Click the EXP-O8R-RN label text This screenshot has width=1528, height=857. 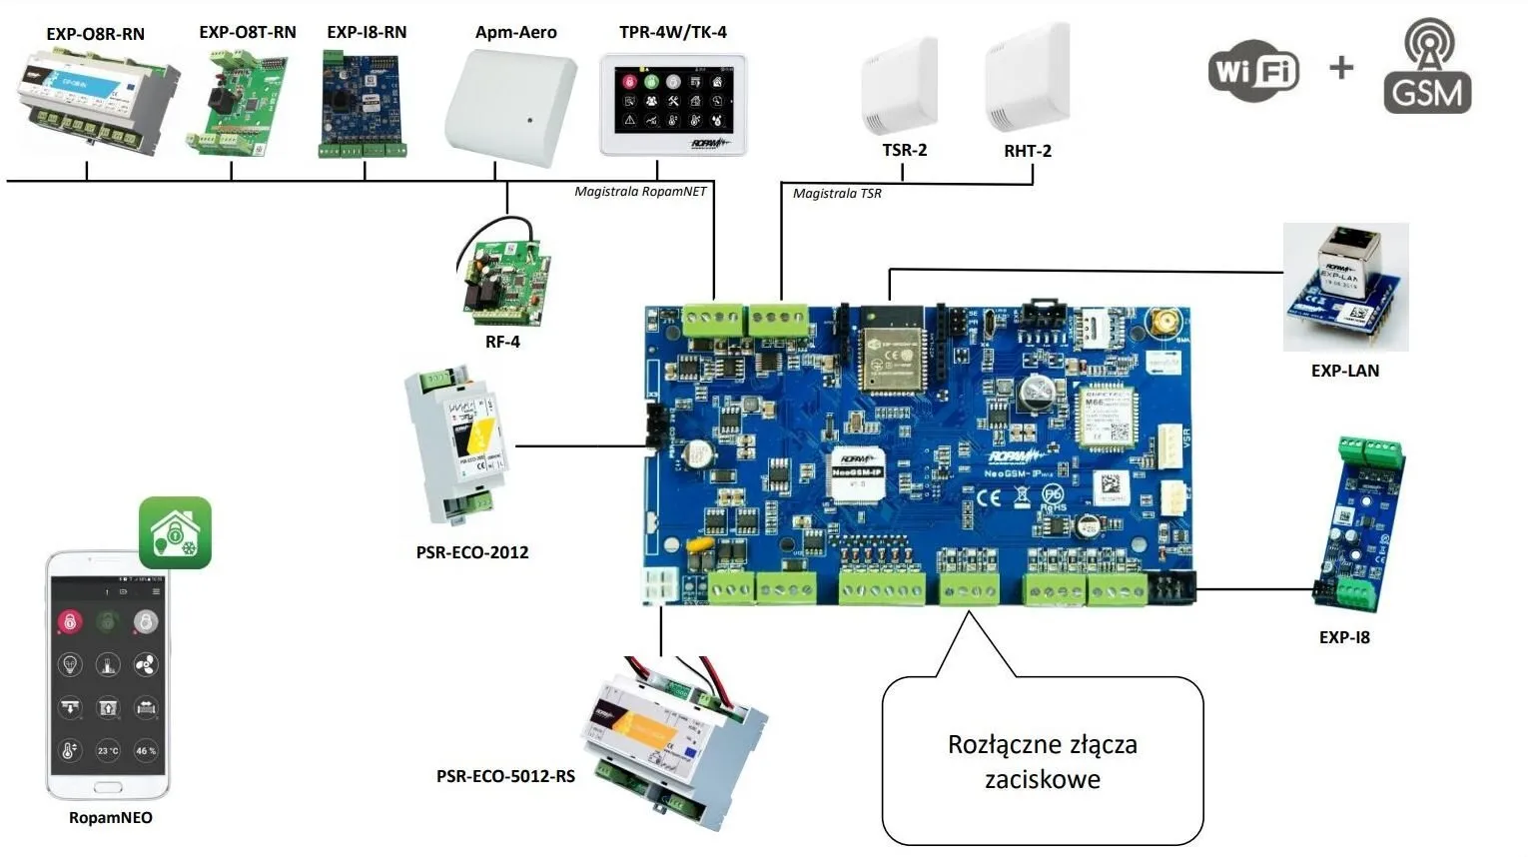pyautogui.click(x=96, y=34)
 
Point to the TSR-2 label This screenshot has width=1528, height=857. pyautogui.click(x=904, y=150)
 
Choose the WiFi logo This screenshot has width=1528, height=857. pyautogui.click(x=1253, y=71)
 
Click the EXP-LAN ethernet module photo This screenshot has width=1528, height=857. pyautogui.click(x=1345, y=286)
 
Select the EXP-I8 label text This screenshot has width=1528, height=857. pyautogui.click(x=1344, y=637)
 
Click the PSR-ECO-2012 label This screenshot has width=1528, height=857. pyautogui.click(x=472, y=552)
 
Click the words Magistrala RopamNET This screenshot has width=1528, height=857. pyautogui.click(x=640, y=191)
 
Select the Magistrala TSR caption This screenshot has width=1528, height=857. pyautogui.click(x=837, y=193)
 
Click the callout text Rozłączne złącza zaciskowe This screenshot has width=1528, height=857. pyautogui.click(x=1043, y=761)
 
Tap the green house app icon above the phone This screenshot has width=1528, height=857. pyautogui.click(x=175, y=533)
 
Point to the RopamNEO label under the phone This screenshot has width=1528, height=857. pyautogui.click(x=111, y=818)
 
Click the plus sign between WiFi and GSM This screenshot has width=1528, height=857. pyautogui.click(x=1341, y=68)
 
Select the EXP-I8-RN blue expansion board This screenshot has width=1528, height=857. pyautogui.click(x=363, y=105)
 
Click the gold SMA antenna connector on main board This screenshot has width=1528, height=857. pyautogui.click(x=1163, y=323)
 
